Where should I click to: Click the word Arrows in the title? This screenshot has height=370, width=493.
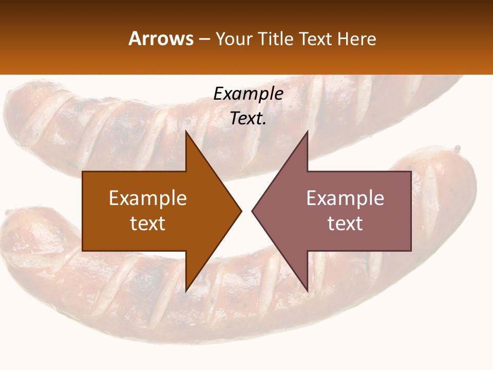pos(161,39)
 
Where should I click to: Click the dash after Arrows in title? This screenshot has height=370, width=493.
pos(204,40)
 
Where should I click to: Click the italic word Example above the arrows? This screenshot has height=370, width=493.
pos(248,94)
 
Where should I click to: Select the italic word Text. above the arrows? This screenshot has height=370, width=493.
pos(248,119)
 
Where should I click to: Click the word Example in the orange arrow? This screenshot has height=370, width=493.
pos(148,198)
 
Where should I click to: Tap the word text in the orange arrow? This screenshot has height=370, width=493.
pos(148,224)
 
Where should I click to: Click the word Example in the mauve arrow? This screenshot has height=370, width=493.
pos(345,198)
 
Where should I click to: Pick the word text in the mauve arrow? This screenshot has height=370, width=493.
pos(345,224)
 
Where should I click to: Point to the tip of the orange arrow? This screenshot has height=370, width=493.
pos(241,211)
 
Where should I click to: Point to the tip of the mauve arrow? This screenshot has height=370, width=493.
pos(252,211)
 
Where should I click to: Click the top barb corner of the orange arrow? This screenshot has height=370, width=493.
pos(186,132)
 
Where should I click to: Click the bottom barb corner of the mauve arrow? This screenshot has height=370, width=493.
pos(307,291)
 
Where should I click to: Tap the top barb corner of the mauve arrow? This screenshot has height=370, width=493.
pos(307,132)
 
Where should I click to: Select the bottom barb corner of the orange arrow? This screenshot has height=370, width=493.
pos(186,291)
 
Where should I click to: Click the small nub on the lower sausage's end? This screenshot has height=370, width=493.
pos(457,149)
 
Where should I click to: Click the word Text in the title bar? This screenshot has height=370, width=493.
pos(314,39)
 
